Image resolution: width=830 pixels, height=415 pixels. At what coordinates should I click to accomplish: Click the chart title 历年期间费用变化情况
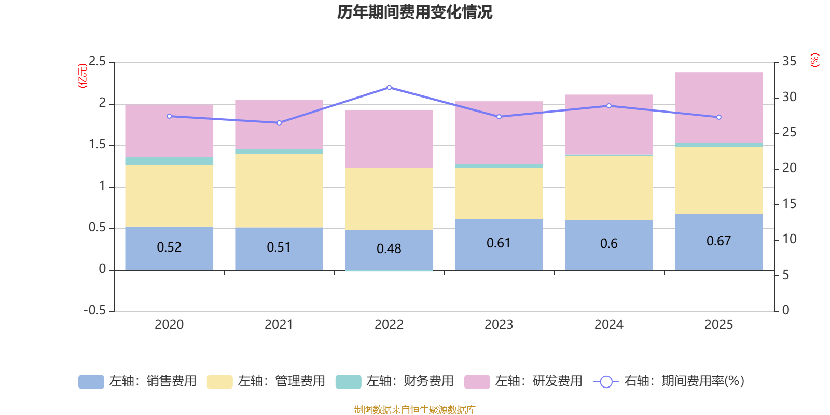tap(414, 12)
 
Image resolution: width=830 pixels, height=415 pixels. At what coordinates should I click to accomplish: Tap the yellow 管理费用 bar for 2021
tap(279, 190)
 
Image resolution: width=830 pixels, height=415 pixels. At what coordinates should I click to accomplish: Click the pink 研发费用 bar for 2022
tap(389, 139)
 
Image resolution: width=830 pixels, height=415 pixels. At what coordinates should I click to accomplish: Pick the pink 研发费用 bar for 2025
tap(718, 107)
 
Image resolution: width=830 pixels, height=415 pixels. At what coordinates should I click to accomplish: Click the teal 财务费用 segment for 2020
tap(169, 161)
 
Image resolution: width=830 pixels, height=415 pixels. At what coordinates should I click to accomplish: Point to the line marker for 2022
tap(389, 88)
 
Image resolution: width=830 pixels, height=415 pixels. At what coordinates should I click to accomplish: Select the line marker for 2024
tap(609, 106)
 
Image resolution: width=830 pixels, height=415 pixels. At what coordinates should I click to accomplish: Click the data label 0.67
tap(718, 241)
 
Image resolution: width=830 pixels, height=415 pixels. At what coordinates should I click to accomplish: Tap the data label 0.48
tap(389, 249)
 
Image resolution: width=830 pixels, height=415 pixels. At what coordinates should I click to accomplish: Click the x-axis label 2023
tap(499, 325)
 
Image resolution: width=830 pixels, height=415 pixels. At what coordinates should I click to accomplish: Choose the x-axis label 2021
tap(279, 325)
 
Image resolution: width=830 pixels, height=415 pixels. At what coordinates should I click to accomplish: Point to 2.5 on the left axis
tap(97, 62)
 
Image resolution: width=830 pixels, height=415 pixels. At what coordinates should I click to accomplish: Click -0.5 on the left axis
tap(94, 310)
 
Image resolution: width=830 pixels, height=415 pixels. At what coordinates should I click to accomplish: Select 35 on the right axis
tap(789, 62)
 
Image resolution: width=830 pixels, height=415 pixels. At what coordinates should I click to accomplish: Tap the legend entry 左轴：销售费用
tap(137, 381)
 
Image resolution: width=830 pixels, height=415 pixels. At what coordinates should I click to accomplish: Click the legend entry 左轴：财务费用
tap(395, 381)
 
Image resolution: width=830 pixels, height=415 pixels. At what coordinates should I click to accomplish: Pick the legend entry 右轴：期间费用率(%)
tap(669, 381)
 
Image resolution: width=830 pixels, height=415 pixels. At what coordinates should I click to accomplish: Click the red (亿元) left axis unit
tap(82, 76)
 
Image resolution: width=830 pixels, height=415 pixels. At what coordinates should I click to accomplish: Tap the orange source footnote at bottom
tap(414, 410)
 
